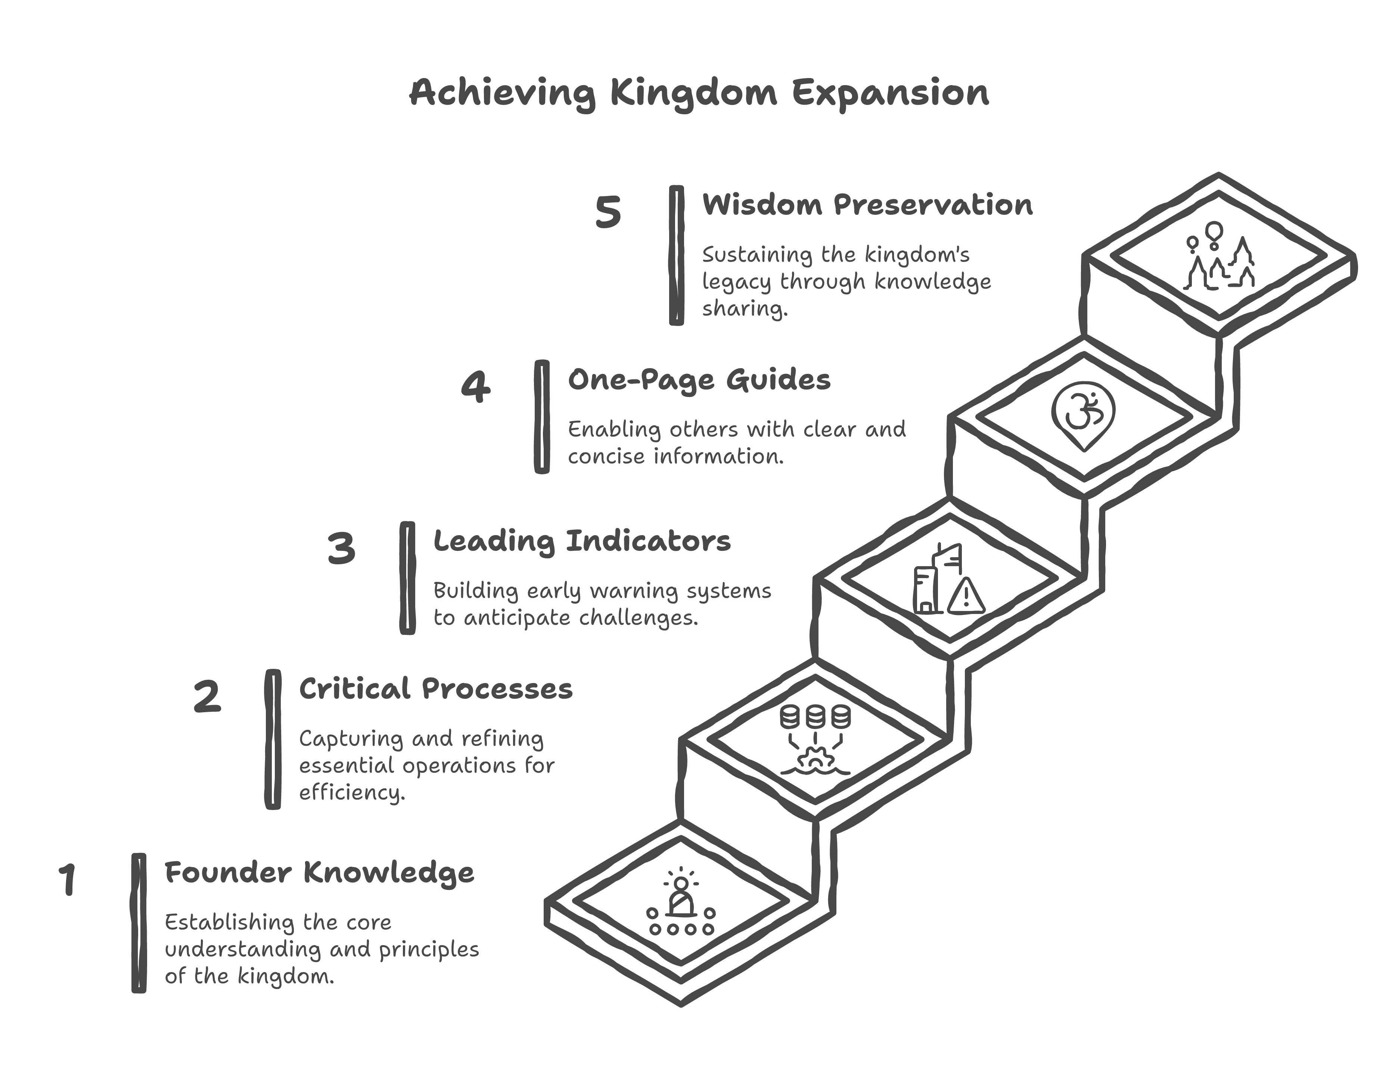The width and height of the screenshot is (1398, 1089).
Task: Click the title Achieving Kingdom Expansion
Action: click(x=699, y=93)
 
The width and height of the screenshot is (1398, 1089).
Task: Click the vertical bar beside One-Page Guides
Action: click(x=541, y=417)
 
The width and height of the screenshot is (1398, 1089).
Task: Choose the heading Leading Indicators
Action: click(x=582, y=542)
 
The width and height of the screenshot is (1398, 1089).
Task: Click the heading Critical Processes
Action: click(x=435, y=689)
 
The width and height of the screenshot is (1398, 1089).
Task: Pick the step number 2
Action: click(x=207, y=697)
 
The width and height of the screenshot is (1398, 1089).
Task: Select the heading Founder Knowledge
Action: click(x=319, y=873)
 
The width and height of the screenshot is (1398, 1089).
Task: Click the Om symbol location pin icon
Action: click(x=1083, y=415)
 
